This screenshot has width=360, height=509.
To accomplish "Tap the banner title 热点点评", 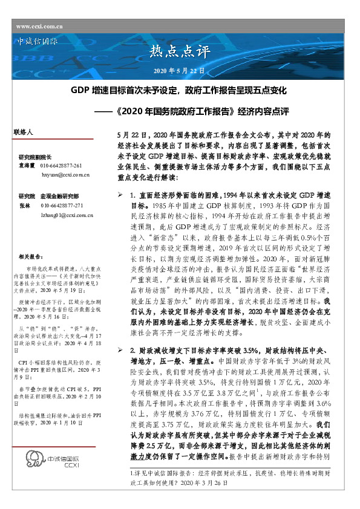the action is [180, 50].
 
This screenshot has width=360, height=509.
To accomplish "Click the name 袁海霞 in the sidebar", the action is [26, 165].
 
